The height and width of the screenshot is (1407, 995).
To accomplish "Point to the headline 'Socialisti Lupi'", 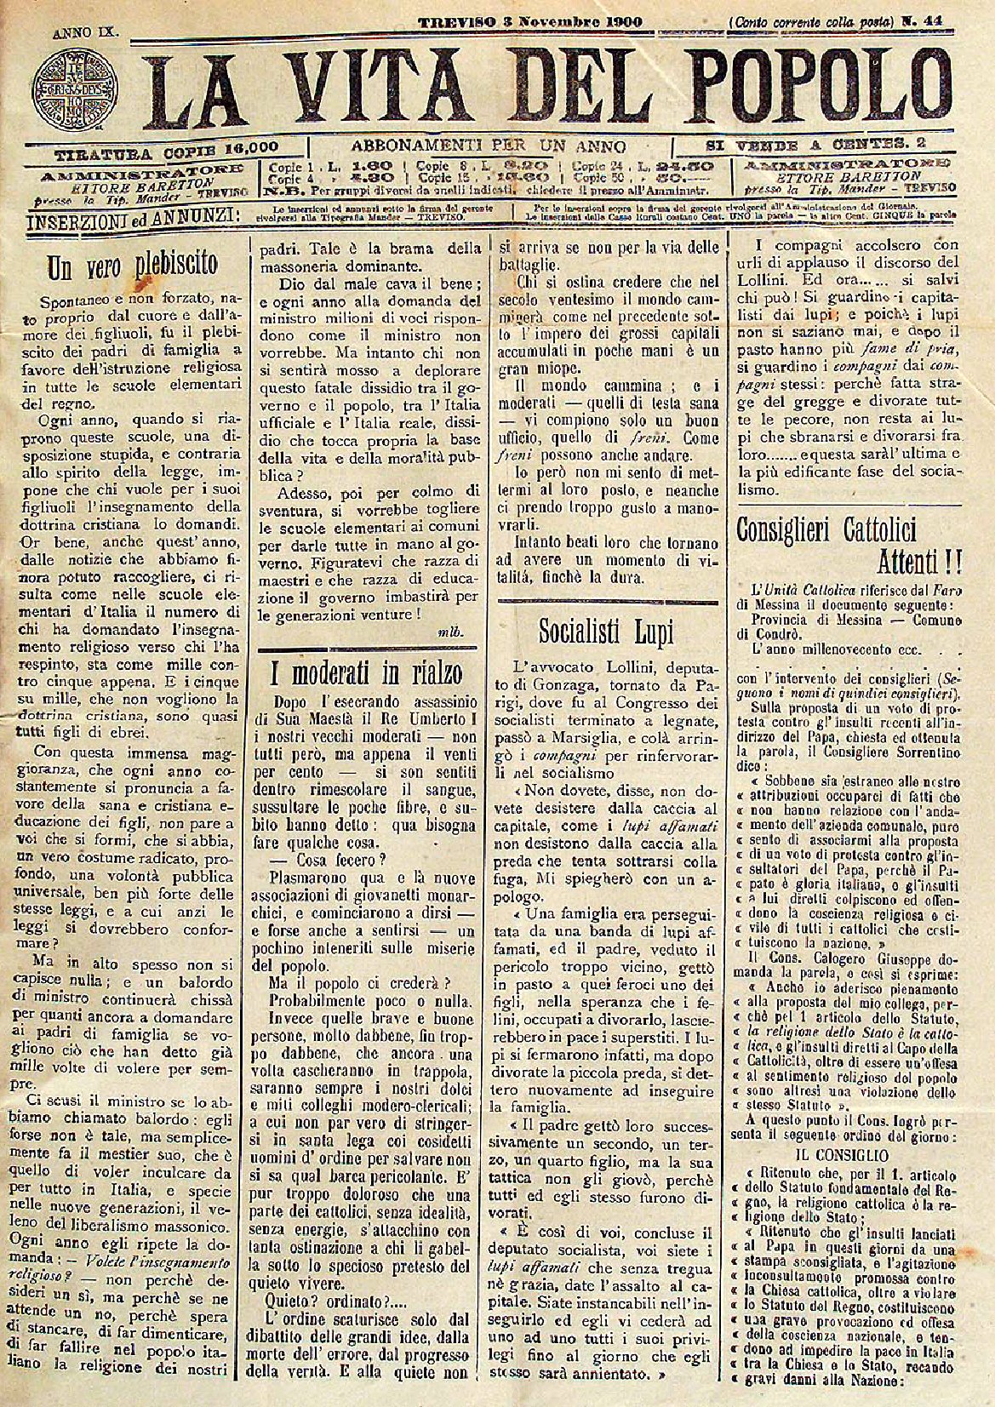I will tap(606, 631).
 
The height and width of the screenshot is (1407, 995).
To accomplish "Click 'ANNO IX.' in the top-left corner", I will tap(86, 35).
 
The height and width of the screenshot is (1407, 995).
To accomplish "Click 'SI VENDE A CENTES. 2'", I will tap(815, 146).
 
